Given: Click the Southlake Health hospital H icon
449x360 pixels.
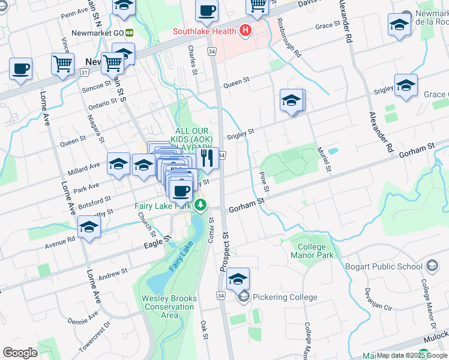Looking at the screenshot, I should [245, 31].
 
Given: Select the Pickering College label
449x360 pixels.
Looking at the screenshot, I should [285, 297].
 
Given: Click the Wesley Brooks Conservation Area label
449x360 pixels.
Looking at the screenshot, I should [168, 306].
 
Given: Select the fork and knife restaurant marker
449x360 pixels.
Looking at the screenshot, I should [206, 158].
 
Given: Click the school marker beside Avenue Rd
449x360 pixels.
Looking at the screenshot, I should [89, 227].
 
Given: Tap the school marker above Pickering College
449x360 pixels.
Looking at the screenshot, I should [238, 278].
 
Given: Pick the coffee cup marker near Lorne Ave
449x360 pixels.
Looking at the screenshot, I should [20, 69].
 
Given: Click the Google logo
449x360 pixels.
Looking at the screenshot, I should [20, 353].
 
